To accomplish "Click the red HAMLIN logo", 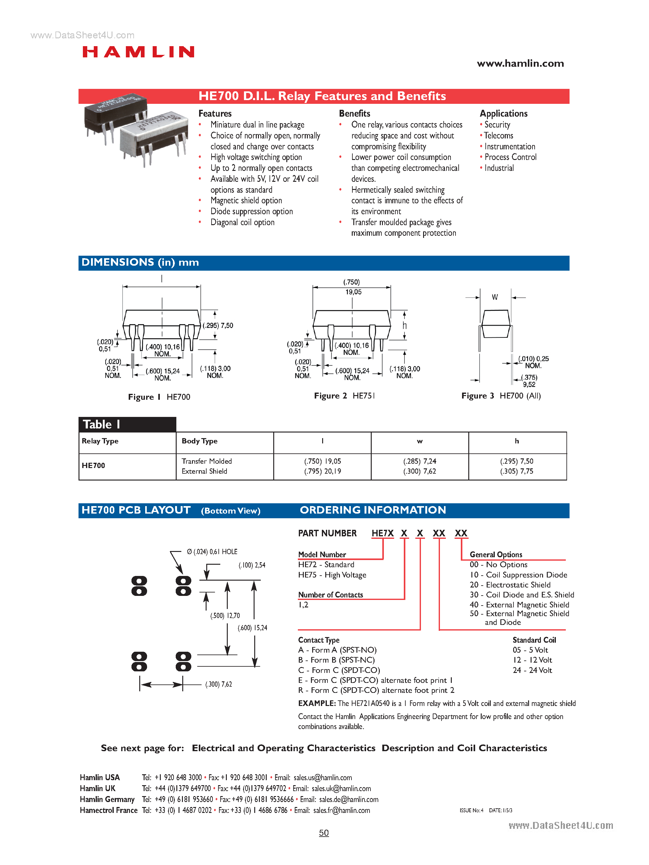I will [x=138, y=52].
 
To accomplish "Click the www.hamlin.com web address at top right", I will [x=520, y=64].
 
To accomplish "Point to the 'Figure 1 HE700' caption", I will [x=159, y=397].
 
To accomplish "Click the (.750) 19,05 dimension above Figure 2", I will [x=352, y=287].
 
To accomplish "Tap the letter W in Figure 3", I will [x=495, y=297].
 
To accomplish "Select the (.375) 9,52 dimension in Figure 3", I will [x=529, y=381].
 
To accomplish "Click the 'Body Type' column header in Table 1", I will [x=199, y=441].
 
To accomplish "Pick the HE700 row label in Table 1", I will [x=93, y=465].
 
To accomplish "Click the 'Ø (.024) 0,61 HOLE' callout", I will [x=212, y=552].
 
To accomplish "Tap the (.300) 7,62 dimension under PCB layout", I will [x=218, y=684].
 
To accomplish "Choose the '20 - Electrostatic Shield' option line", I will [x=510, y=585].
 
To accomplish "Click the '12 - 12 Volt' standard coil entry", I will [x=532, y=660].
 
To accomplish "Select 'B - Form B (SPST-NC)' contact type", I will [x=336, y=660].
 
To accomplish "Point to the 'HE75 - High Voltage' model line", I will [x=332, y=575].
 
